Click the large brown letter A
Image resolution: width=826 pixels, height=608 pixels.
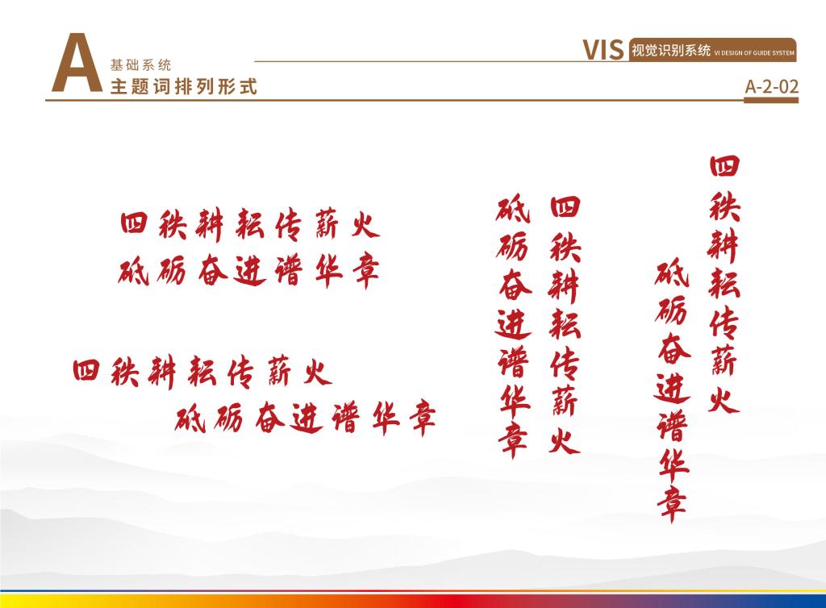coord(77,63)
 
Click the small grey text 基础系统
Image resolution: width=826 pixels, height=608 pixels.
coord(140,65)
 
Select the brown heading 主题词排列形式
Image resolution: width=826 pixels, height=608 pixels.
coord(183,86)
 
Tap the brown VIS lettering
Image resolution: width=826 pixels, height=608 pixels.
coord(603,50)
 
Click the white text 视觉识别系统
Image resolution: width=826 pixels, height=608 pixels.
coord(671,50)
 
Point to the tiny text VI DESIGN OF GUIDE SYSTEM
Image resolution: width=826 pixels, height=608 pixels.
coord(754,52)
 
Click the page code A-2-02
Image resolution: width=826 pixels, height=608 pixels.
coord(772,86)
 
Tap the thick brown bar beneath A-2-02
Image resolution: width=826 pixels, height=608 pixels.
coord(771,100)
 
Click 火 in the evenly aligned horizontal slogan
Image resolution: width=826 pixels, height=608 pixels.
coord(365,225)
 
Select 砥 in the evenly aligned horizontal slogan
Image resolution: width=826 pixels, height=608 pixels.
coord(134,271)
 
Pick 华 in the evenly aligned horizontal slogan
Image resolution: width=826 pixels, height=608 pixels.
coord(328,271)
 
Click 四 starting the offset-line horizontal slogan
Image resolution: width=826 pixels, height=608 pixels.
coord(86,370)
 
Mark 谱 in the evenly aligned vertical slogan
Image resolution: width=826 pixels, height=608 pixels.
coord(513,361)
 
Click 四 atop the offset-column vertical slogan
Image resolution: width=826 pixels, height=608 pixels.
coord(725,166)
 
